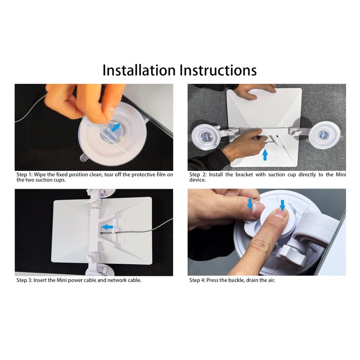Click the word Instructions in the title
[x=218, y=70]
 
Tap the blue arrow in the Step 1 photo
[x=116, y=127]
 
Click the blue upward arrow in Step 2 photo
[x=265, y=154]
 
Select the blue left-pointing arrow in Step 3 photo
[x=107, y=227]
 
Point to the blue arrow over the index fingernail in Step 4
[x=283, y=205]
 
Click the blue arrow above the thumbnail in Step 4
[x=250, y=204]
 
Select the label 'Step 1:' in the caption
[x=24, y=175]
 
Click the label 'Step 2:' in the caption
[x=198, y=175]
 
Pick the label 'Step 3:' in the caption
[x=24, y=280]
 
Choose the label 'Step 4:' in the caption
[x=197, y=280]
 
